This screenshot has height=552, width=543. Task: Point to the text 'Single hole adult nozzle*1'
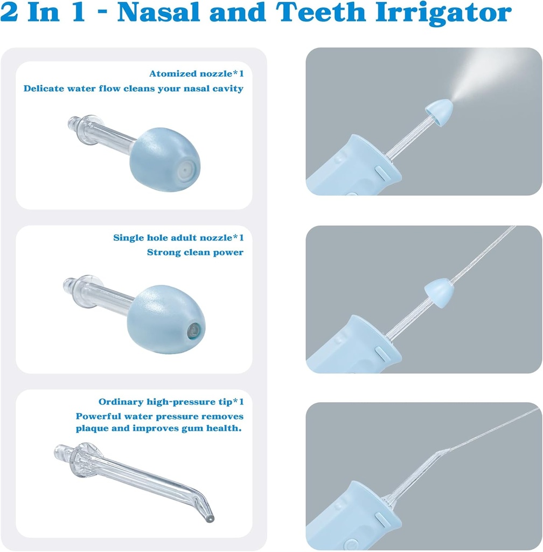pyautogui.click(x=178, y=238)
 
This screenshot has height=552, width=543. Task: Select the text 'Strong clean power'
pyautogui.click(x=195, y=252)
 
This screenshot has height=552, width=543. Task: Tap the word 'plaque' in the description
pyautogui.click(x=92, y=429)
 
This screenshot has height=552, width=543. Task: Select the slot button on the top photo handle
pyautogui.click(x=378, y=174)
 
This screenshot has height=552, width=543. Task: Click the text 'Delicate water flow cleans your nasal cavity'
pyautogui.click(x=133, y=88)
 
